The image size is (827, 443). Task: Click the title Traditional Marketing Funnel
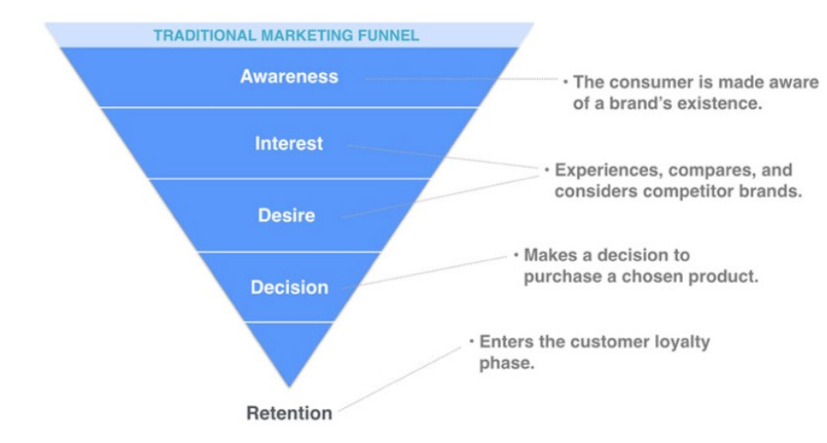pos(286,36)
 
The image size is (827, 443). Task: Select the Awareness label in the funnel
pos(289,76)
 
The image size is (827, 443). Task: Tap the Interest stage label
pos(289,144)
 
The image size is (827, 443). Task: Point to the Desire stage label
pos(286,216)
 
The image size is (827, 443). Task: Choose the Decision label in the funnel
pos(289,288)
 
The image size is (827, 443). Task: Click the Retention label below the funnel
pos(289,413)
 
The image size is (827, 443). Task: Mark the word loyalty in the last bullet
pos(683,341)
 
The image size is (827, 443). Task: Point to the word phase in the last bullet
pos(502,363)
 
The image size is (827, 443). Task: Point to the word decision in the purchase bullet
pos(630,255)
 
